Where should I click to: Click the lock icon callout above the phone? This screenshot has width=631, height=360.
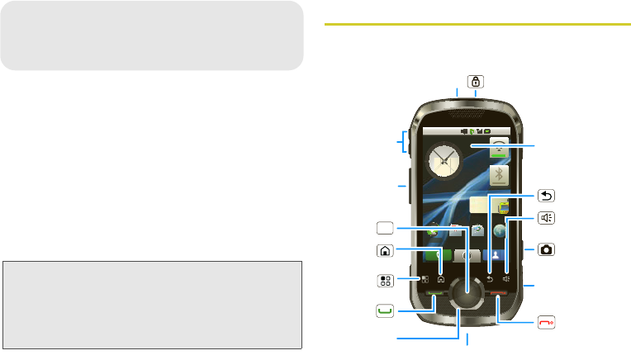coord(476,82)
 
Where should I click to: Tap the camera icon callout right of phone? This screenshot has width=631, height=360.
coord(546,249)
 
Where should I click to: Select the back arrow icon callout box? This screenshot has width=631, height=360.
coord(546,196)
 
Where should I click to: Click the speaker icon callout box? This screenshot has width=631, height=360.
coord(546,219)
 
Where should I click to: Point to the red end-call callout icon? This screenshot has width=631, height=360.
coord(546,322)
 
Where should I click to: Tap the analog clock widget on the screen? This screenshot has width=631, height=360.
coord(444,162)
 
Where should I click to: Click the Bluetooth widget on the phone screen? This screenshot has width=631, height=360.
coord(499,175)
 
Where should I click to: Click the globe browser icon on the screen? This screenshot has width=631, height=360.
coord(501,234)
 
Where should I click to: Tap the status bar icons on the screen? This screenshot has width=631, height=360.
coord(476,130)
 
